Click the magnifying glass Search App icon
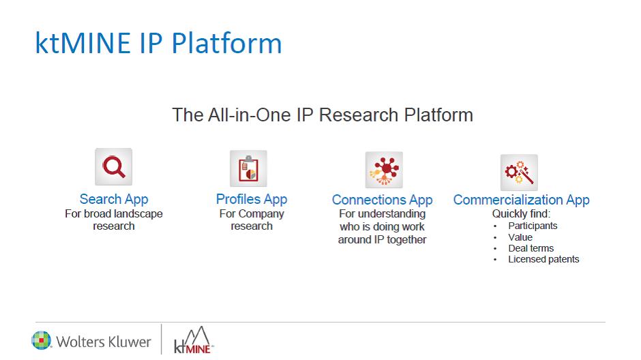coord(114,167)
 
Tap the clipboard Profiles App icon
coord(248,168)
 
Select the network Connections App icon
coord(384,170)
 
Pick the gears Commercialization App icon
coord(519,172)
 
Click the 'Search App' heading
coord(114,199)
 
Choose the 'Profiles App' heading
coord(252,199)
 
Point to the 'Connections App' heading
coord(383,200)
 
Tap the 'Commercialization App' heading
coord(521,200)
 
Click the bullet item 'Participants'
coord(533,226)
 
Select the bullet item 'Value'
coord(520,237)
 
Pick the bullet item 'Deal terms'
coord(531,248)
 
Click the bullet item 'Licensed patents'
coord(543,260)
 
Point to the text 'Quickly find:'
coord(521,213)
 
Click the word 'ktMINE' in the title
coord(83,43)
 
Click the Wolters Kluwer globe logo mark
coord(42,340)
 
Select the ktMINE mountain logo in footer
coord(193,340)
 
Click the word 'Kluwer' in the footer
coord(128,342)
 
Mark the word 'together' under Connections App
coord(406,240)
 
